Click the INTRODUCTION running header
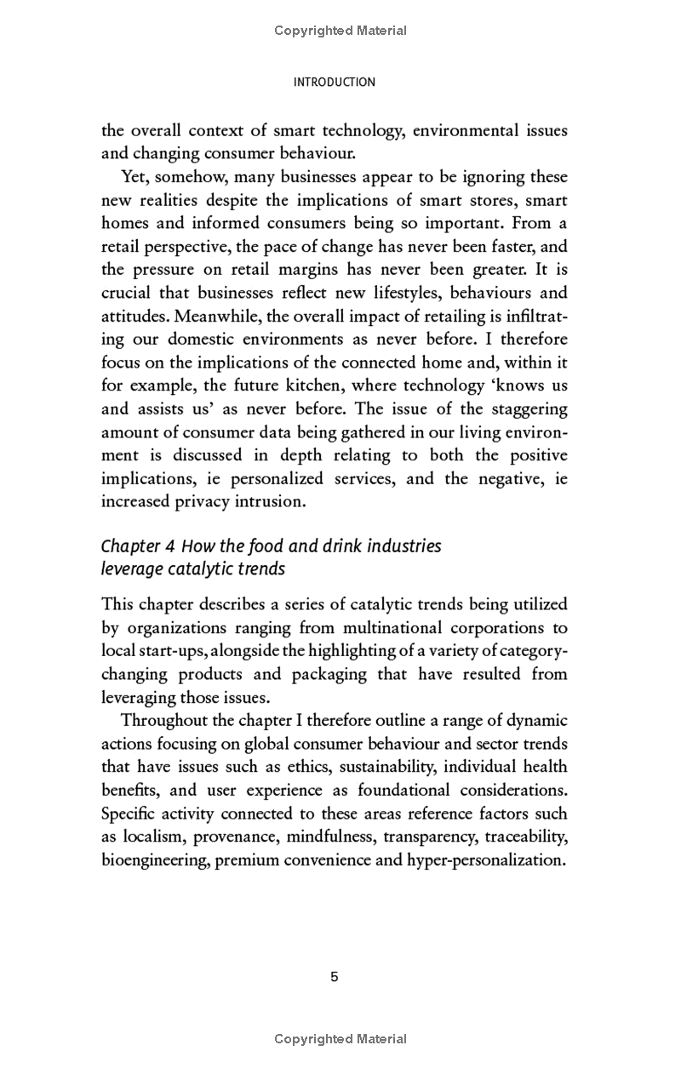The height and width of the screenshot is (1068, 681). click(x=334, y=83)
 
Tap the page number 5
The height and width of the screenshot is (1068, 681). click(x=335, y=976)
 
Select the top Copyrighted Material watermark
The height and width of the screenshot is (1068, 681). click(x=340, y=31)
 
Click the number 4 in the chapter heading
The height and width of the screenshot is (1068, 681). click(x=169, y=545)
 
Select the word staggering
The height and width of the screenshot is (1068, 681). click(x=517, y=408)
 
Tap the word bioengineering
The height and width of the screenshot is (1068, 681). click(x=155, y=860)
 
